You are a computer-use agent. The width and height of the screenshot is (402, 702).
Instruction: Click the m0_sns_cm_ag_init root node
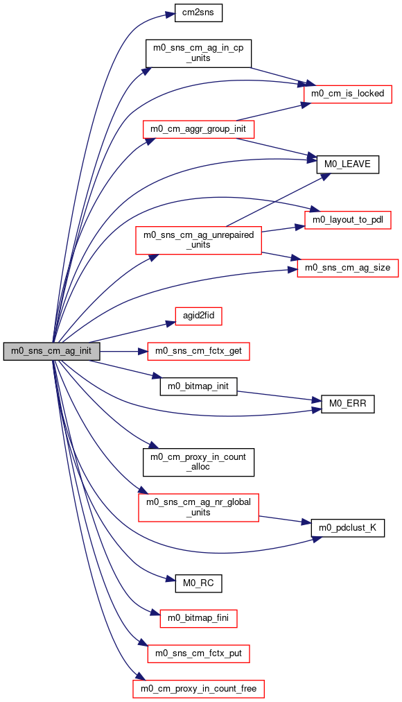click(51, 351)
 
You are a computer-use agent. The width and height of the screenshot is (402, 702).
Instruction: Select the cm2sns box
click(198, 12)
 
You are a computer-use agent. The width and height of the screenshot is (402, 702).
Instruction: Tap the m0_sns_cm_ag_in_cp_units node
click(198, 53)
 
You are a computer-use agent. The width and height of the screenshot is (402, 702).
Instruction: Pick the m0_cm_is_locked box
click(347, 94)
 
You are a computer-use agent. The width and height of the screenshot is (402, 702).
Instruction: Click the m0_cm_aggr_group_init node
click(198, 129)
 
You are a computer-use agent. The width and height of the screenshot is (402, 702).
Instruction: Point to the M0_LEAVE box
click(347, 164)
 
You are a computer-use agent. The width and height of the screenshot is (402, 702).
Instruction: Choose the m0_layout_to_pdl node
click(347, 220)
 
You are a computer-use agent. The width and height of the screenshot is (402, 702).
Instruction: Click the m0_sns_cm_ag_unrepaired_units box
click(198, 240)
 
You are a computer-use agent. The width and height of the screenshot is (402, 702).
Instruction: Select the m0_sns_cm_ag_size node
click(347, 268)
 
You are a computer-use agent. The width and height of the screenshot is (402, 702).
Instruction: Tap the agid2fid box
click(198, 316)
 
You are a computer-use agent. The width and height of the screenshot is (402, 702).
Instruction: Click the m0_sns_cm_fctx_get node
click(198, 351)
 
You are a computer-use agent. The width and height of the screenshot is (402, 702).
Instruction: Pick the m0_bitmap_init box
click(198, 386)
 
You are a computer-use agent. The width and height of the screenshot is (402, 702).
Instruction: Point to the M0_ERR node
click(347, 404)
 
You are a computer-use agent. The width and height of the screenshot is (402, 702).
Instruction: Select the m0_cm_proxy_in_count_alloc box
click(198, 462)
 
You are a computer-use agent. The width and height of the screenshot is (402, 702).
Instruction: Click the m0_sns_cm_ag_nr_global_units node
click(198, 507)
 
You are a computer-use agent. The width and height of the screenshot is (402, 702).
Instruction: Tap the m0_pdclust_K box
click(347, 528)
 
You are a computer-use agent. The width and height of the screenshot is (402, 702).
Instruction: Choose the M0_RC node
click(198, 583)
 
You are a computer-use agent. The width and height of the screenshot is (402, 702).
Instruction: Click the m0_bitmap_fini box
click(198, 618)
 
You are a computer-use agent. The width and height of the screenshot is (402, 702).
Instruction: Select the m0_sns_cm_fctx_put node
click(198, 653)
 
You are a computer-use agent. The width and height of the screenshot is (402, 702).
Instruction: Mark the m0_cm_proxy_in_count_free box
click(198, 689)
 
